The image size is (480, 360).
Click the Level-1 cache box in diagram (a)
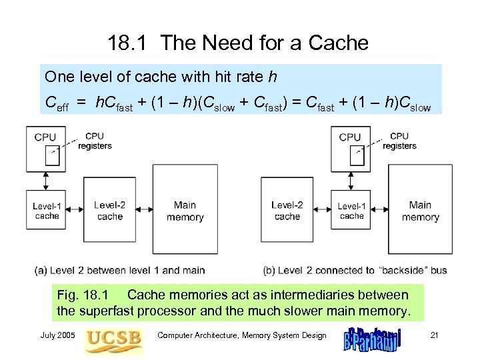[x=46, y=211]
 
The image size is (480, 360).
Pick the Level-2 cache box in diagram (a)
[x=110, y=211]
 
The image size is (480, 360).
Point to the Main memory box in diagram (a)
[x=185, y=211]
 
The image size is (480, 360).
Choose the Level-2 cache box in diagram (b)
[x=287, y=211]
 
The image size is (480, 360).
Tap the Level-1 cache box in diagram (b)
[x=351, y=211]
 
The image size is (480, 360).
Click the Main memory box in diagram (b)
[x=420, y=211]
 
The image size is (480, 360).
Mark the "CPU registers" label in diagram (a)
[x=94, y=141]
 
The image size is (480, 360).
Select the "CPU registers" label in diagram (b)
[x=399, y=141]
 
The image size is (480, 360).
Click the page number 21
[x=434, y=335]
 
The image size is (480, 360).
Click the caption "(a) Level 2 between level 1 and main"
[x=119, y=270]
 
